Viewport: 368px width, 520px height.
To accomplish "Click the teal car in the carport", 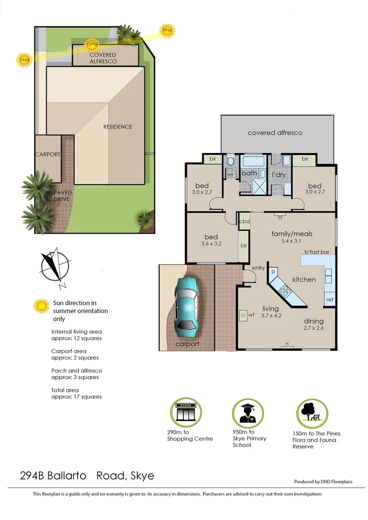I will pos(186,306).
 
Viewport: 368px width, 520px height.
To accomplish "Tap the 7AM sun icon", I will pos(23,60).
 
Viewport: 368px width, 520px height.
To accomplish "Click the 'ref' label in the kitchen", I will pos(329,299).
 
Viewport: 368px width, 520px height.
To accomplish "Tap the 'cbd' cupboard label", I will pos(244,222).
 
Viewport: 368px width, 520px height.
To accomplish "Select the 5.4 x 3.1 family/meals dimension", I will pos(292,242).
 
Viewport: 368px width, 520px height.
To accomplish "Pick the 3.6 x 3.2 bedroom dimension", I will pos(211,244).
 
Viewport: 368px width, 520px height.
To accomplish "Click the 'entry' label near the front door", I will pos(258,268).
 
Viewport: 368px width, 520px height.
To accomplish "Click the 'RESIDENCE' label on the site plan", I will pos(118,127).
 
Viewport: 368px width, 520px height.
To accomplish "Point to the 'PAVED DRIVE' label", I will pos(63,195).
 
